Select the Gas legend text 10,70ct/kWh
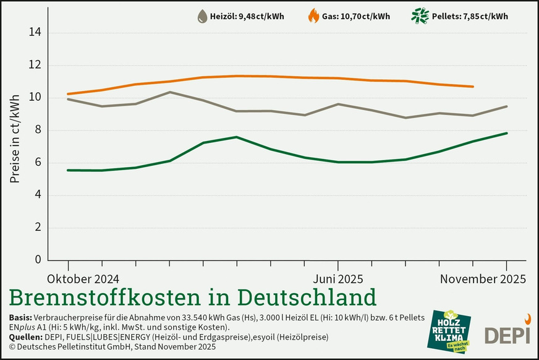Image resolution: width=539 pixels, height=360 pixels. [x=355, y=17]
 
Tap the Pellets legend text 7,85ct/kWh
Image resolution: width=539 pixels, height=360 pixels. [x=472, y=17]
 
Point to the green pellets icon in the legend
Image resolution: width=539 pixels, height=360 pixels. [x=421, y=16]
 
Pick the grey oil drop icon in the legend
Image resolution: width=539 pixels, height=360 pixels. [x=202, y=17]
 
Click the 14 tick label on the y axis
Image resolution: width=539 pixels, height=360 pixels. [x=36, y=33]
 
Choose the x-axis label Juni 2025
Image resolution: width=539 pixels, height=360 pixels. [x=338, y=279]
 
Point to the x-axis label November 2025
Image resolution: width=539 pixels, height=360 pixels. [x=483, y=279]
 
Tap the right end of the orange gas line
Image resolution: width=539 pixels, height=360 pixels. [x=473, y=87]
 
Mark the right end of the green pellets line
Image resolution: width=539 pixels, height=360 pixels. [x=507, y=133]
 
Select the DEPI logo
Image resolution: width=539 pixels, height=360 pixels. [x=507, y=332]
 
